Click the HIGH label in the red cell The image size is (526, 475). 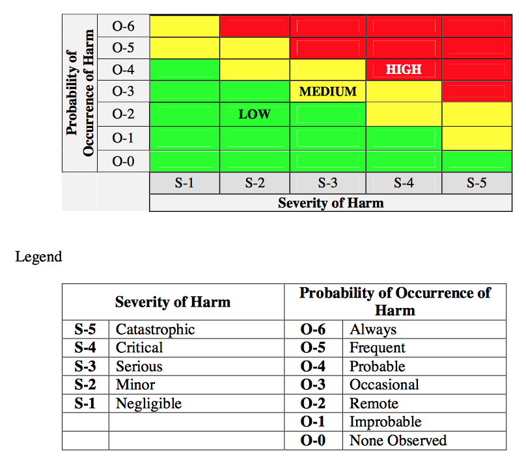point(404,70)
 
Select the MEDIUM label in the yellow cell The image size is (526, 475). point(327,92)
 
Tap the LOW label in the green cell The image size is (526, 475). point(254,114)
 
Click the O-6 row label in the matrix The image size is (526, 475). point(123,26)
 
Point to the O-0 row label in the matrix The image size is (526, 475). point(123,161)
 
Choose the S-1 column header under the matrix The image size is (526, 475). point(184,183)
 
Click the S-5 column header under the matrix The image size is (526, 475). point(477,183)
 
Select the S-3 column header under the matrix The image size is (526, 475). point(327,183)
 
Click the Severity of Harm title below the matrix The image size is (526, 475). point(331,203)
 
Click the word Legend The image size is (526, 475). point(38,257)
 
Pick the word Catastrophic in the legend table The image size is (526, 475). point(155,329)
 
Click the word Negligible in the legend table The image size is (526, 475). point(148,404)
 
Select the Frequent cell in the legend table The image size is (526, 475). point(377,348)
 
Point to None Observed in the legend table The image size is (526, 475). point(398,441)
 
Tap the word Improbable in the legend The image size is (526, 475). point(385,422)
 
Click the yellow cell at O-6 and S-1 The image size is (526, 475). point(184,26)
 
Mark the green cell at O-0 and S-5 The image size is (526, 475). point(477,161)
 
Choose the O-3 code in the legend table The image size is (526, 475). point(313,385)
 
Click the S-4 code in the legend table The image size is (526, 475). point(85,348)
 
